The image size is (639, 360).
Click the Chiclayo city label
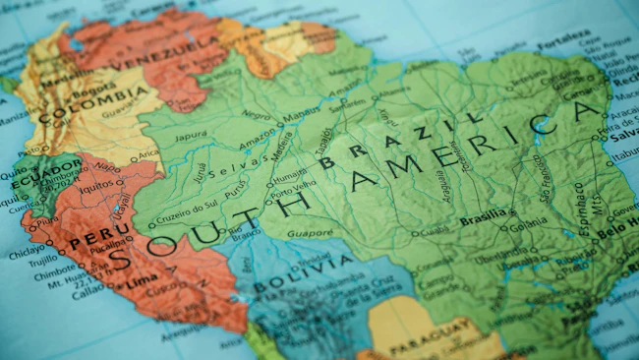(28, 252)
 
